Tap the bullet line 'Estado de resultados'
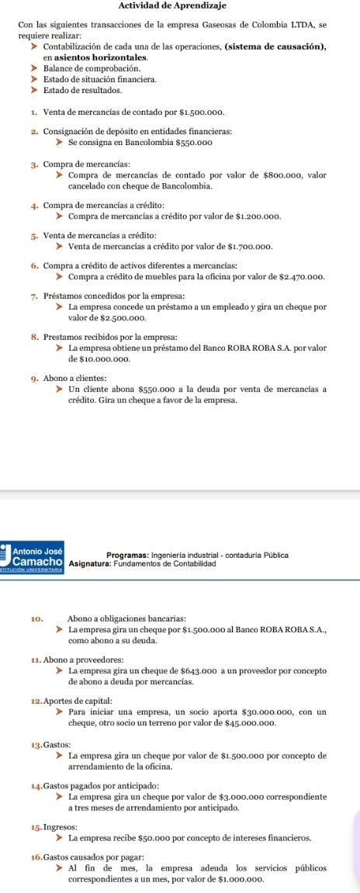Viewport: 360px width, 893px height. [x=95, y=91]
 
